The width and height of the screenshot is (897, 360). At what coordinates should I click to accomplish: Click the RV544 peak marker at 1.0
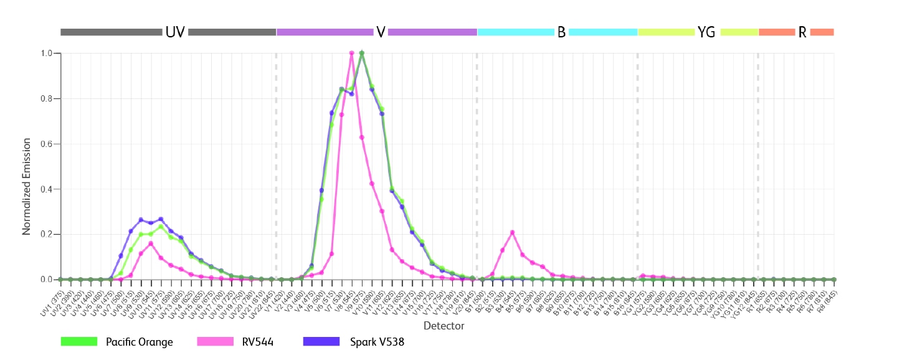(352, 54)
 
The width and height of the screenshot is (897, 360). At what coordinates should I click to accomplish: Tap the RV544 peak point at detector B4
(512, 232)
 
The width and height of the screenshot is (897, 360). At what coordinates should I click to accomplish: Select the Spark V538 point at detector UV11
(161, 219)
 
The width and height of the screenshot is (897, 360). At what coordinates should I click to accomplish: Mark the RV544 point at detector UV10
(151, 244)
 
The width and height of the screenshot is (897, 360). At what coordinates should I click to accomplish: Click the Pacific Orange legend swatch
(79, 341)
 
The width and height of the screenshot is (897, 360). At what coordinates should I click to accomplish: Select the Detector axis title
(444, 326)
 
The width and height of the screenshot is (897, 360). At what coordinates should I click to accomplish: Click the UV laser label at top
(175, 32)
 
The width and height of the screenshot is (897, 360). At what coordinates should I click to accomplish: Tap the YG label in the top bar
(707, 32)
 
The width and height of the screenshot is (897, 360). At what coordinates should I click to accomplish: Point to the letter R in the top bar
(802, 32)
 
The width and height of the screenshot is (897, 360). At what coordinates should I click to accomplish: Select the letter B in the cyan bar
(561, 32)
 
